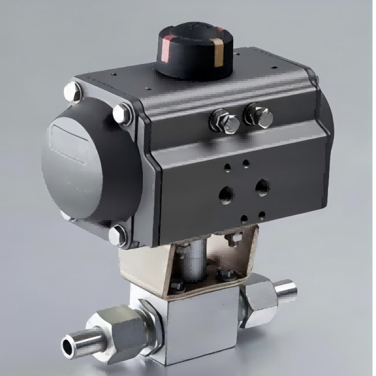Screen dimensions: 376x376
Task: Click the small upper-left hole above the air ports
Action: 227,166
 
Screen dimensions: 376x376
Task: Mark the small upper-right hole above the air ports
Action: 245,163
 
